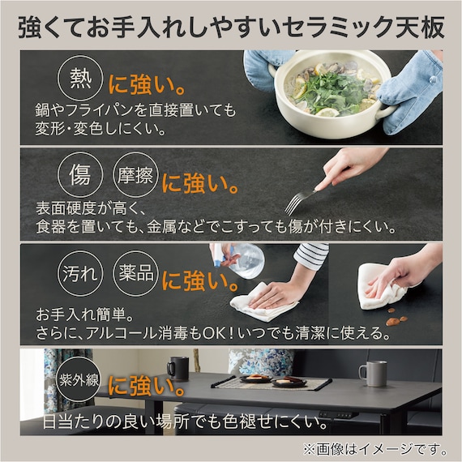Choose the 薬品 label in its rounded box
[135, 273]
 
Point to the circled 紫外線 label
[78, 381]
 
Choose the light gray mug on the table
[373, 373]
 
